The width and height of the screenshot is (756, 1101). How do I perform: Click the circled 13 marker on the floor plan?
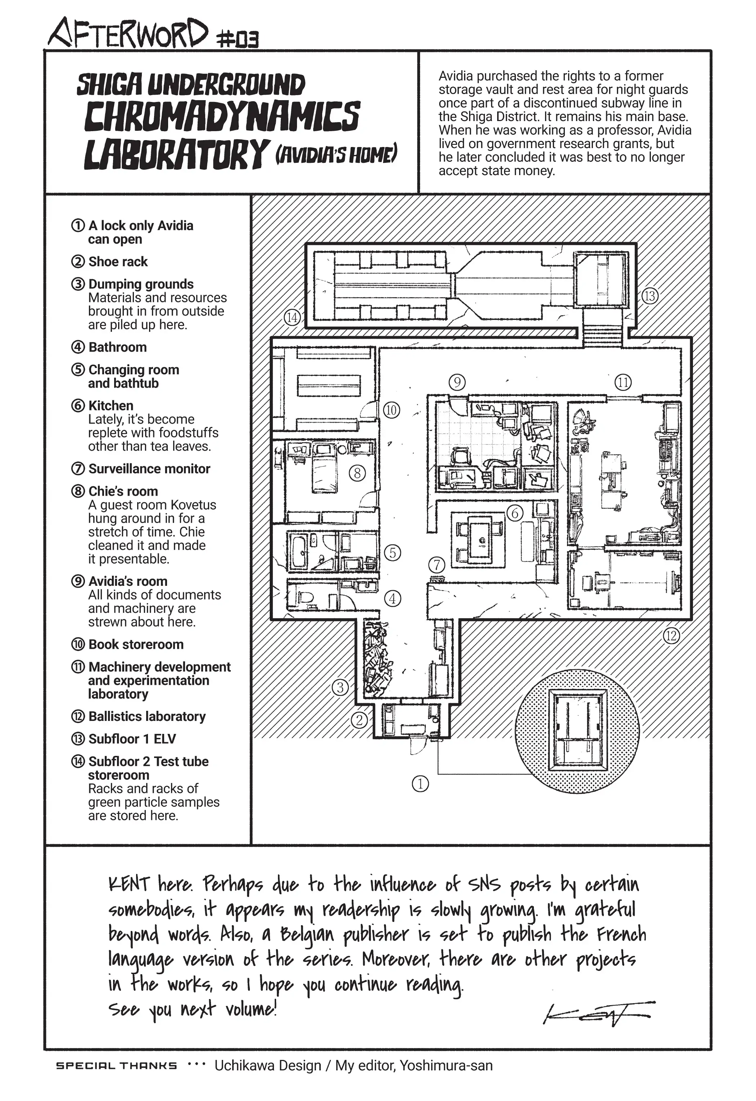650,296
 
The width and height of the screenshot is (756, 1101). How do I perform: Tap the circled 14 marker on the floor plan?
292,317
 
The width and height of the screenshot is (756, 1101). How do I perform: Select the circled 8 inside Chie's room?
357,473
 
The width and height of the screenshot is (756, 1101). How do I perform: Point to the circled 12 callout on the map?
671,635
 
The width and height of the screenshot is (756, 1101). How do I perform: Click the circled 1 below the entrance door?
420,784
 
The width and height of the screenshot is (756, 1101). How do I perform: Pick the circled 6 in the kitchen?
514,513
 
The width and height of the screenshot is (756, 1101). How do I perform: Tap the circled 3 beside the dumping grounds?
340,687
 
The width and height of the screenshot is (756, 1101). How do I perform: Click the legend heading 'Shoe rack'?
118,262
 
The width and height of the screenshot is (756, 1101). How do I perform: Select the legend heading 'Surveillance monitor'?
149,469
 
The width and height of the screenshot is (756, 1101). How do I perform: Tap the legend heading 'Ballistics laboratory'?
147,716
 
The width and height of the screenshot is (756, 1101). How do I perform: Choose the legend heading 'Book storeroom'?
136,644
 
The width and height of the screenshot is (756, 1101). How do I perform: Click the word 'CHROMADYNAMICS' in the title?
222,117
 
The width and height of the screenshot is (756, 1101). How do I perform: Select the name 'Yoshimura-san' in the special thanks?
446,1065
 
